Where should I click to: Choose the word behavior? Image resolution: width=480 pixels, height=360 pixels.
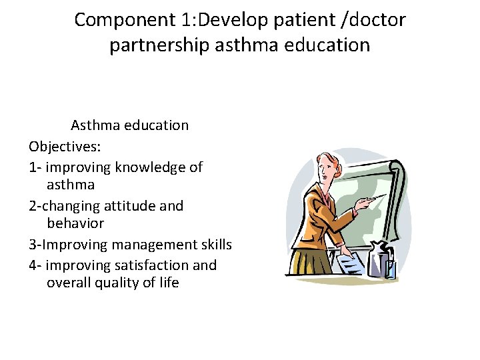tap(75, 223)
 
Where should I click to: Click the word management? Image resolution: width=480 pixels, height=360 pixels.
tap(157, 245)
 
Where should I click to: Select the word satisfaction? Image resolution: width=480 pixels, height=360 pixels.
tap(152, 265)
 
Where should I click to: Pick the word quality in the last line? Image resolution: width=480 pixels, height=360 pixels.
tap(126, 283)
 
